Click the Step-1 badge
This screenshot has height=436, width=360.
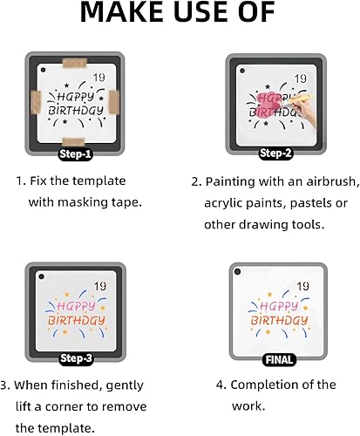coord(76,154)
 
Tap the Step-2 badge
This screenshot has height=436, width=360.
coord(275,153)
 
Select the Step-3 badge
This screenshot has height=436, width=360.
coord(76,358)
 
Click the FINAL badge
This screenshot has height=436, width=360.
coord(279,360)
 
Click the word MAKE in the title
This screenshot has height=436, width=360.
coord(121,12)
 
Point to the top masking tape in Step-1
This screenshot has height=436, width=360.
coord(75,63)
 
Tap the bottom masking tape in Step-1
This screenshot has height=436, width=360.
coord(73,142)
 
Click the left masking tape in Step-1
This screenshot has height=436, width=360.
coord(36,102)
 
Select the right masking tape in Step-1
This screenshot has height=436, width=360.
coord(114,102)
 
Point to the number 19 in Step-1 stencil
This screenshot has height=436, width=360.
coord(98,78)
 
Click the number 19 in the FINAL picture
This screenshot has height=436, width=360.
coord(302,286)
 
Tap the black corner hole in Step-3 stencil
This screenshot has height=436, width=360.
coord(41,276)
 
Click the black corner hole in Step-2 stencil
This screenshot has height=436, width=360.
coord(242,71)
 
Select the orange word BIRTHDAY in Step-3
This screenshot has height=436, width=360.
coord(76,320)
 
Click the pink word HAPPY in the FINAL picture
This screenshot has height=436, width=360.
coord(279,306)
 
